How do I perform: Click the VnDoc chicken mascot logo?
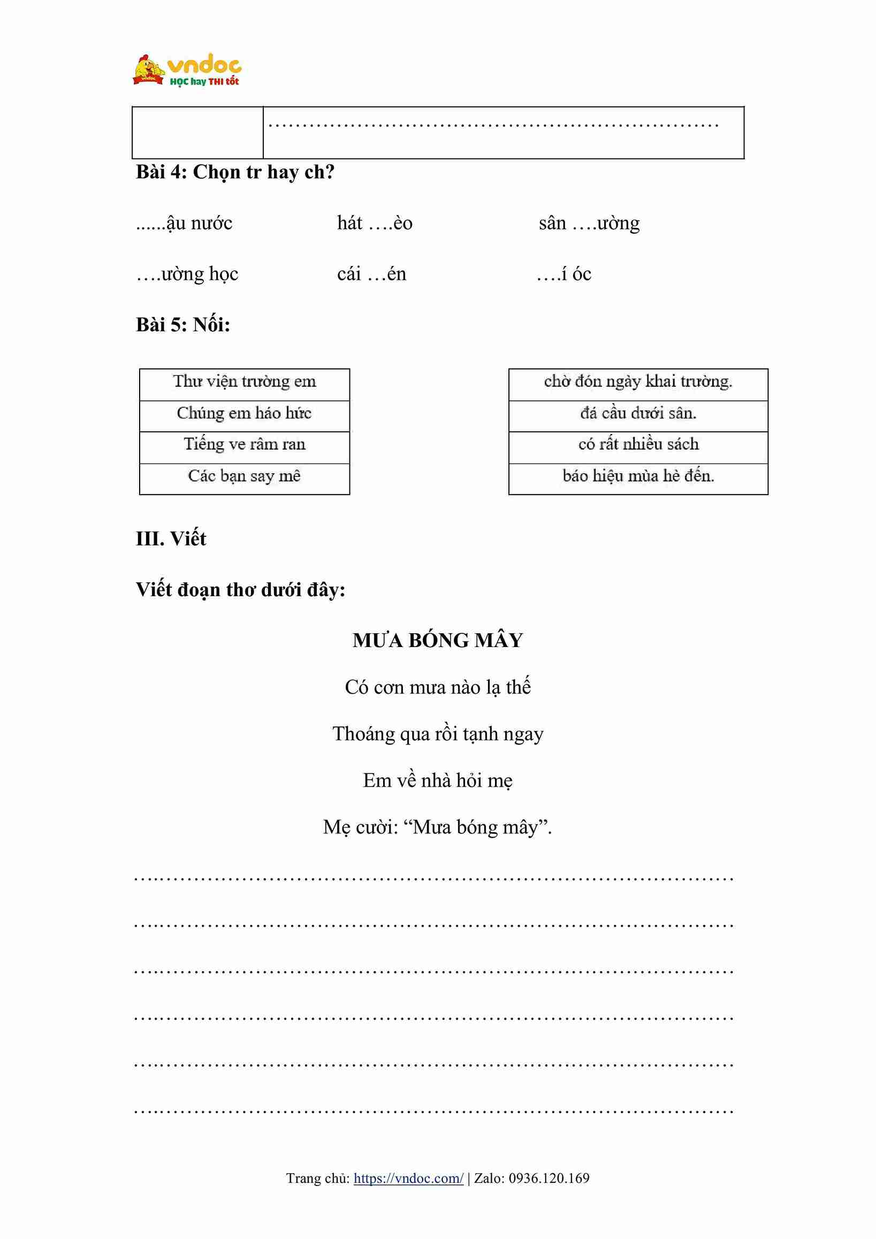(x=148, y=70)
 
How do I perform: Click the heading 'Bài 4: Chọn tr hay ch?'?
(x=235, y=172)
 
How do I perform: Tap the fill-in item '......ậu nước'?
(x=184, y=223)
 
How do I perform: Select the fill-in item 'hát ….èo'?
(x=375, y=223)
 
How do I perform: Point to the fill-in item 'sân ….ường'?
(x=589, y=223)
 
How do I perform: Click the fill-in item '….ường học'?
(x=187, y=274)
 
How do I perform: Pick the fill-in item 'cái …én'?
(x=371, y=274)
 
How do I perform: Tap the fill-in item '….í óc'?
(x=563, y=274)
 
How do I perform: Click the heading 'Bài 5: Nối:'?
(x=183, y=325)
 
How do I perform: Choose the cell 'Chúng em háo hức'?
(x=245, y=414)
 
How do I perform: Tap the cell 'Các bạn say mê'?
(x=245, y=476)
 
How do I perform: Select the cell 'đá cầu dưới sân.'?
(x=637, y=414)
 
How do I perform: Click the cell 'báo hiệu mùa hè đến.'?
(x=637, y=476)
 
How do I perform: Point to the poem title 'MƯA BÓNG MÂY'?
(x=437, y=641)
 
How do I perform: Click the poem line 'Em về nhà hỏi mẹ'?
(x=437, y=780)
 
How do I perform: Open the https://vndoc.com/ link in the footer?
(x=408, y=1178)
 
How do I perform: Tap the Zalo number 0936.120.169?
(x=549, y=1178)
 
